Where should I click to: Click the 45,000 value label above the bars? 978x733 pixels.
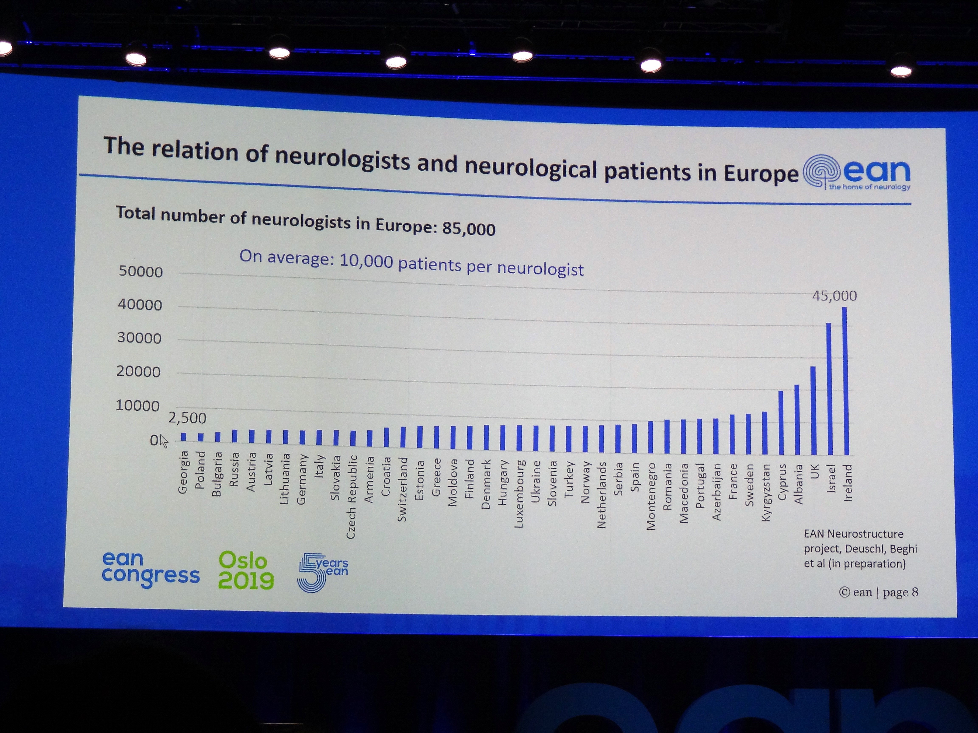click(x=834, y=296)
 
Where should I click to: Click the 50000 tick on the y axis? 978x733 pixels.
click(x=141, y=271)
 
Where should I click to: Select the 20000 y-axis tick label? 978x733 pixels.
click(x=138, y=372)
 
